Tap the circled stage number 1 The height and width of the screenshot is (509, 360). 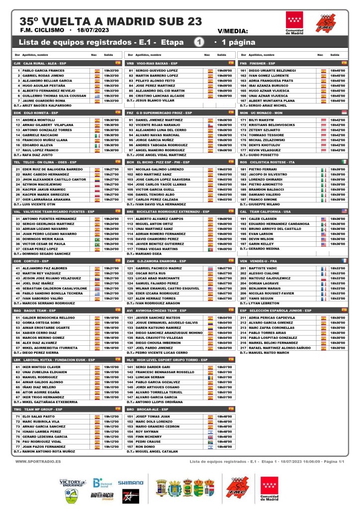[198, 42]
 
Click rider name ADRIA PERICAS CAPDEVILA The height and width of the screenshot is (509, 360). [275, 317]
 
